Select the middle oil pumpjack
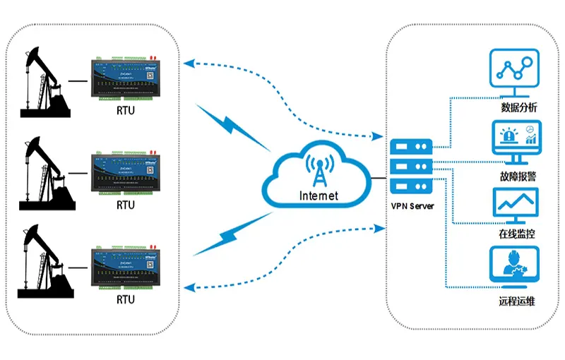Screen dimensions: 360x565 tap(46, 172)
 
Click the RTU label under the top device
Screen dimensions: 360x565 tap(126, 110)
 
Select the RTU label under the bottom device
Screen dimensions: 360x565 tap(126, 299)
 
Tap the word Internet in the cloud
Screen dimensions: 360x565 tap(319, 196)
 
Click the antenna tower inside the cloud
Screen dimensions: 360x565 tap(319, 169)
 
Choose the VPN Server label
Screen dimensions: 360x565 tap(412, 206)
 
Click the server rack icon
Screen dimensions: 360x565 tap(411, 167)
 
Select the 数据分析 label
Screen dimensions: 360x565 tap(518, 108)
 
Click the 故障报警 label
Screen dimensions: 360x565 tap(517, 175)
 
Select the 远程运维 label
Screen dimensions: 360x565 tap(517, 302)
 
